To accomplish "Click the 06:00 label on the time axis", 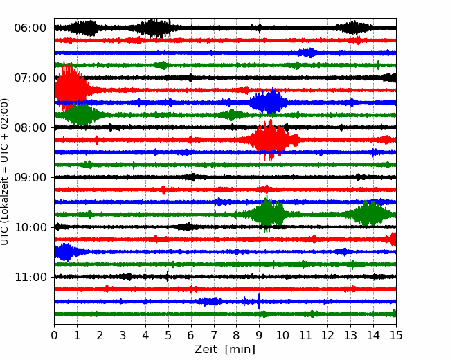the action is point(30,28).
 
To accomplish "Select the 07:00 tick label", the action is point(30,78).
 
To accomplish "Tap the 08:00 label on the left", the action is point(30,127).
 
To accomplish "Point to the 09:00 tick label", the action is point(30,177).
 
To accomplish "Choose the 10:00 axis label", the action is point(30,227).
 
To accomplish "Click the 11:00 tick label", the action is point(30,277).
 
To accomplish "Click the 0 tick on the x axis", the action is point(54,335).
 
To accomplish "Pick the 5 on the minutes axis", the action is point(168,335).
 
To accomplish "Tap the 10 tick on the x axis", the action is point(282,335).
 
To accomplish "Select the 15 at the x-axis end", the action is point(396,335).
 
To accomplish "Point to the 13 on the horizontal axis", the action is point(350,335).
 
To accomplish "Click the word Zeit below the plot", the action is point(207,350).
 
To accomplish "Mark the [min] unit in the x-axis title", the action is point(240,350).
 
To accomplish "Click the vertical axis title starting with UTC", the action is point(4,172).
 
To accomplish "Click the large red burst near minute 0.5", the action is point(71,86).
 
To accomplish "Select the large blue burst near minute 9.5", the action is point(269,100).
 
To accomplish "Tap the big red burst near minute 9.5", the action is point(271,140).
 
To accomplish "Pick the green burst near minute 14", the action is point(370,213).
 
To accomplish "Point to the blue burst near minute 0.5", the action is point(66,252).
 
